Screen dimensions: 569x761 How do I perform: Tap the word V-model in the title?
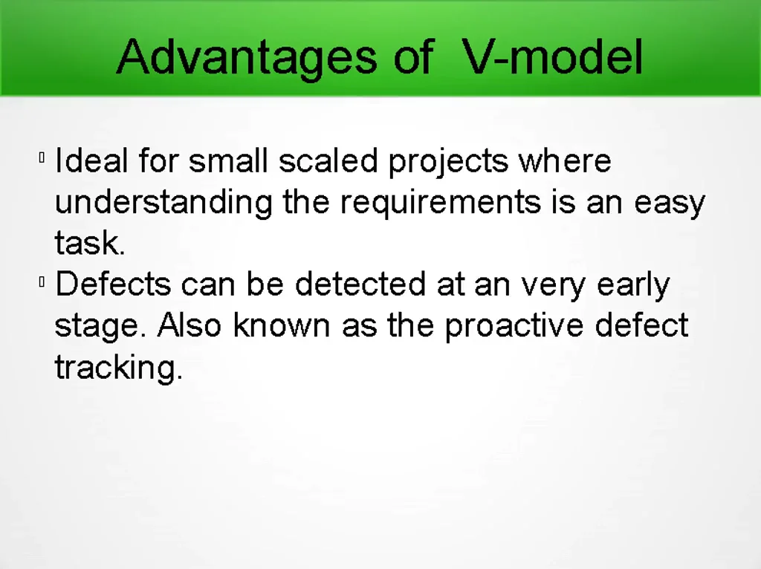[552, 57]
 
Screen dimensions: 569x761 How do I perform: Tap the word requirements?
[441, 203]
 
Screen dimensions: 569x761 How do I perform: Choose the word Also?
[190, 325]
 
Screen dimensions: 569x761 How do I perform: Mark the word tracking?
[118, 368]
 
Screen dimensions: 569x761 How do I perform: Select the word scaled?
[329, 161]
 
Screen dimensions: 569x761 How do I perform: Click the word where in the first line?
[565, 161]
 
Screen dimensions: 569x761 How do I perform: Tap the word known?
[282, 325]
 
